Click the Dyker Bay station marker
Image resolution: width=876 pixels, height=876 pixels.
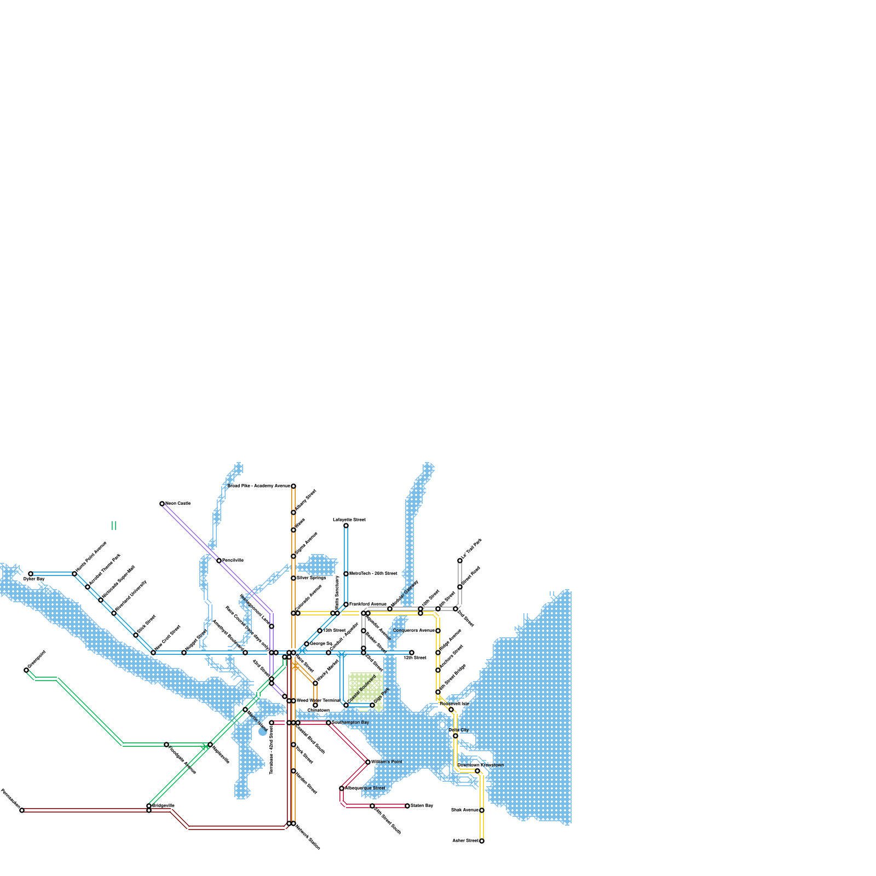31,574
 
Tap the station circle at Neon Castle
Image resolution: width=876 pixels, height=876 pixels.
162,504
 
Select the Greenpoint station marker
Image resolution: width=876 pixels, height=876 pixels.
26,670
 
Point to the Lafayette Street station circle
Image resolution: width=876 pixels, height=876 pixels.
346,526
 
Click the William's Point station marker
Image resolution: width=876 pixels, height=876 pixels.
368,762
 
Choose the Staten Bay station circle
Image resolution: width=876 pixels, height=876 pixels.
407,806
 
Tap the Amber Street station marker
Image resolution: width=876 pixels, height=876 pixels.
482,841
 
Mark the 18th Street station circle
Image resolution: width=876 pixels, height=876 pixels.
412,653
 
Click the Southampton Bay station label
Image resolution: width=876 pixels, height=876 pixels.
350,723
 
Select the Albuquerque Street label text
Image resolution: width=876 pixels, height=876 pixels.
365,788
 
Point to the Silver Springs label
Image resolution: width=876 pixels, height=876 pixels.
311,578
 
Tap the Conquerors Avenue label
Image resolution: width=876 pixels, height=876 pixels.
413,631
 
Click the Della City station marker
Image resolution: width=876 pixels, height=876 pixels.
456,736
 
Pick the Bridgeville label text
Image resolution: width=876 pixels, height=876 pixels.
163,805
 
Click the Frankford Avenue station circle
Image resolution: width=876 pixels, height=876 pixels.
346,604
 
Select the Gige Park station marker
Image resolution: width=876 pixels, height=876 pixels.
372,705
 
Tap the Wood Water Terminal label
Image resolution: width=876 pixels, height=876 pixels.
318,700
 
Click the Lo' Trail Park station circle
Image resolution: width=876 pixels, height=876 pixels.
460,561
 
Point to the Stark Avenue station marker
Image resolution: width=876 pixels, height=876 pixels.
482,810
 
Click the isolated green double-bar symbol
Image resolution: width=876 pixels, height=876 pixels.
114,526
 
